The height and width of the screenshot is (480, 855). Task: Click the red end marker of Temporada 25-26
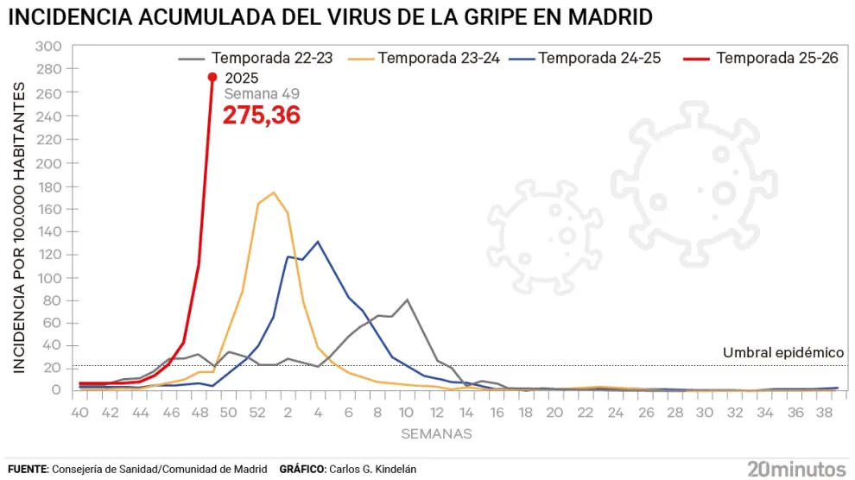212,77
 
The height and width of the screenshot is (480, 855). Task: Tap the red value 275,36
262,116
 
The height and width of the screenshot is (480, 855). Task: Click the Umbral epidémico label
782,353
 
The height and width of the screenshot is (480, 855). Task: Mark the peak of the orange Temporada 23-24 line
274,193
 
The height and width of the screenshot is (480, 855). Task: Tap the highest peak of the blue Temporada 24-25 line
318,242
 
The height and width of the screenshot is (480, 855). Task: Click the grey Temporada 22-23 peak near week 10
407,300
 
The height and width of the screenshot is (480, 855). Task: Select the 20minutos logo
796,469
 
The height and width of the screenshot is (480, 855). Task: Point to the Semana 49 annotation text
262,94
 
